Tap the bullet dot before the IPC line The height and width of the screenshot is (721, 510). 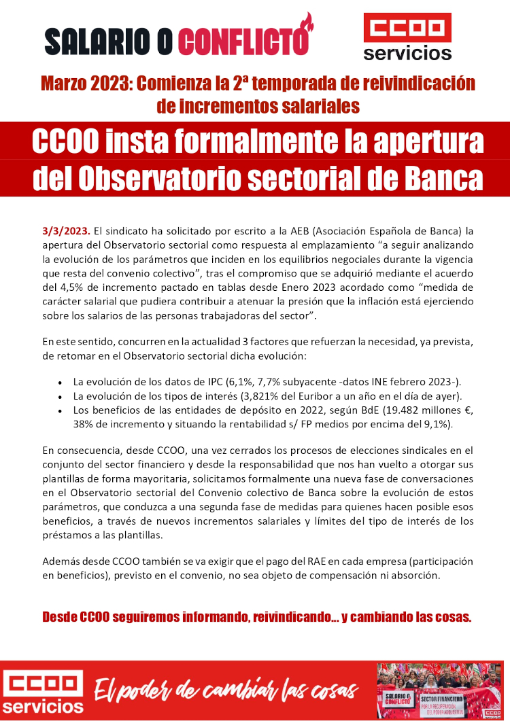[x=62, y=381]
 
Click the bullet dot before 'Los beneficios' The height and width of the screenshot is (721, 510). [x=62, y=410]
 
